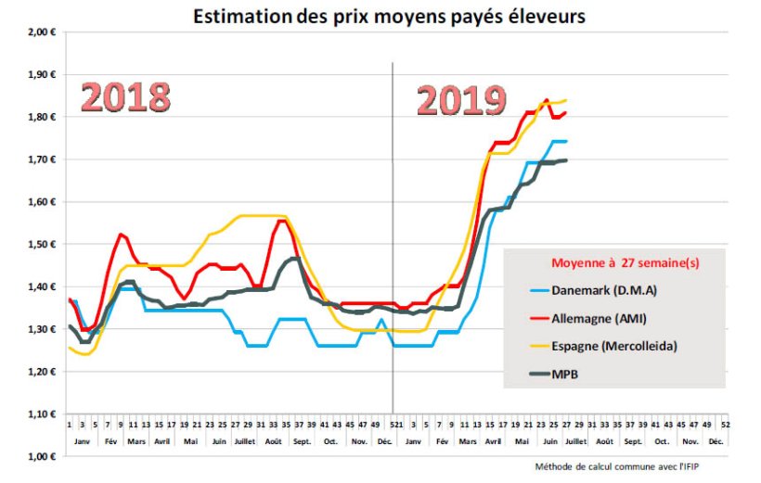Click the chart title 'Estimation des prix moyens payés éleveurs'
point(389,16)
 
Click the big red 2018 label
point(124,96)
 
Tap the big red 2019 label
point(460,100)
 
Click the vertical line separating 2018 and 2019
point(392,232)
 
